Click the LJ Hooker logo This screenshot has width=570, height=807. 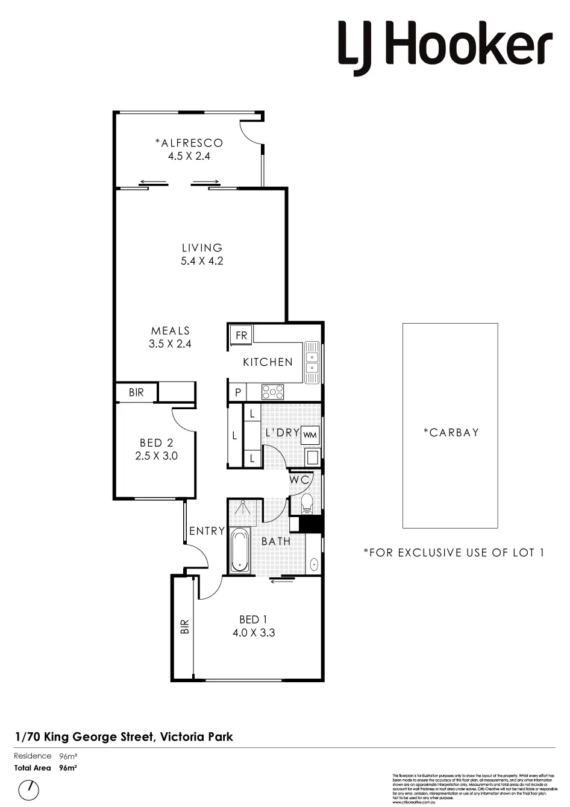[445, 46]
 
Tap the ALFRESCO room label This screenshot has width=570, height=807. [189, 143]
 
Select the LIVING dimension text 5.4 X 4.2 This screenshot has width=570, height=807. [202, 261]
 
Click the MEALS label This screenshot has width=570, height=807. [170, 330]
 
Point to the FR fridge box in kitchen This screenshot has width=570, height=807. [242, 335]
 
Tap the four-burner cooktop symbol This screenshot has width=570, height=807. [272, 392]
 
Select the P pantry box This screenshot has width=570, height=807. [238, 392]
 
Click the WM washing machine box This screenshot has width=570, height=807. [310, 435]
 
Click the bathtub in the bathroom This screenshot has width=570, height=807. [240, 550]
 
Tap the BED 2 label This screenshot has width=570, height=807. [156, 443]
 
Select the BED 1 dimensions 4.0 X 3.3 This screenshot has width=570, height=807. [254, 633]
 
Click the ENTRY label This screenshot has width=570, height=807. [207, 531]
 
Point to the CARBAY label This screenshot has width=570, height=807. [451, 432]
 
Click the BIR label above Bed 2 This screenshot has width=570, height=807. [136, 392]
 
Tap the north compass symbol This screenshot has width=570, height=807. [28, 790]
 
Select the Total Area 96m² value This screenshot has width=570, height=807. [67, 768]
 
